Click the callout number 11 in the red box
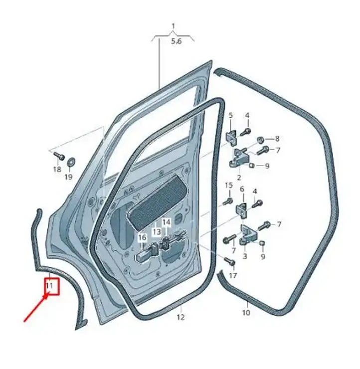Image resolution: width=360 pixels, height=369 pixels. point(49,286)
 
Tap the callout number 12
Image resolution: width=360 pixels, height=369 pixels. point(180,317)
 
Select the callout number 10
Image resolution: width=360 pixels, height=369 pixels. point(246,313)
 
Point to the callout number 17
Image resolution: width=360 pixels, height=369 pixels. point(233,275)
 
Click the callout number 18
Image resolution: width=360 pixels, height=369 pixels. point(57,169)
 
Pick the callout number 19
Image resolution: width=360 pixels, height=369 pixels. point(68,177)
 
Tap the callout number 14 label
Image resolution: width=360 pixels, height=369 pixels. point(167,222)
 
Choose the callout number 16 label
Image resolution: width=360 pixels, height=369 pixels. point(142,237)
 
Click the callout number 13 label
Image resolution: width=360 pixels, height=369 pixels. point(157,232)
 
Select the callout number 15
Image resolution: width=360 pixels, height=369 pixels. point(229,185)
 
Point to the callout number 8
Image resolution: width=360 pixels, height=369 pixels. point(277,139)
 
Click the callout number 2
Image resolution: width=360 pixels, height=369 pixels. point(239,177)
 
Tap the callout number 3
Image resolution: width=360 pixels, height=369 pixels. point(245,256)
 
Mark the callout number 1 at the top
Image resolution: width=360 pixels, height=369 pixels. point(173,26)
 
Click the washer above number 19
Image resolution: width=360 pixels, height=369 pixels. point(70,162)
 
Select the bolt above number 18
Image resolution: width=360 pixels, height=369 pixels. point(59,156)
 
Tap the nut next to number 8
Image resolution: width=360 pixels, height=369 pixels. point(260,140)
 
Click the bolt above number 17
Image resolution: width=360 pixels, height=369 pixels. point(230,261)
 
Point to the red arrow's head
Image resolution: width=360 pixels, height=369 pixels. point(46,294)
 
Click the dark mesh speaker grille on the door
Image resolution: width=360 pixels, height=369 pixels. point(157,202)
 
